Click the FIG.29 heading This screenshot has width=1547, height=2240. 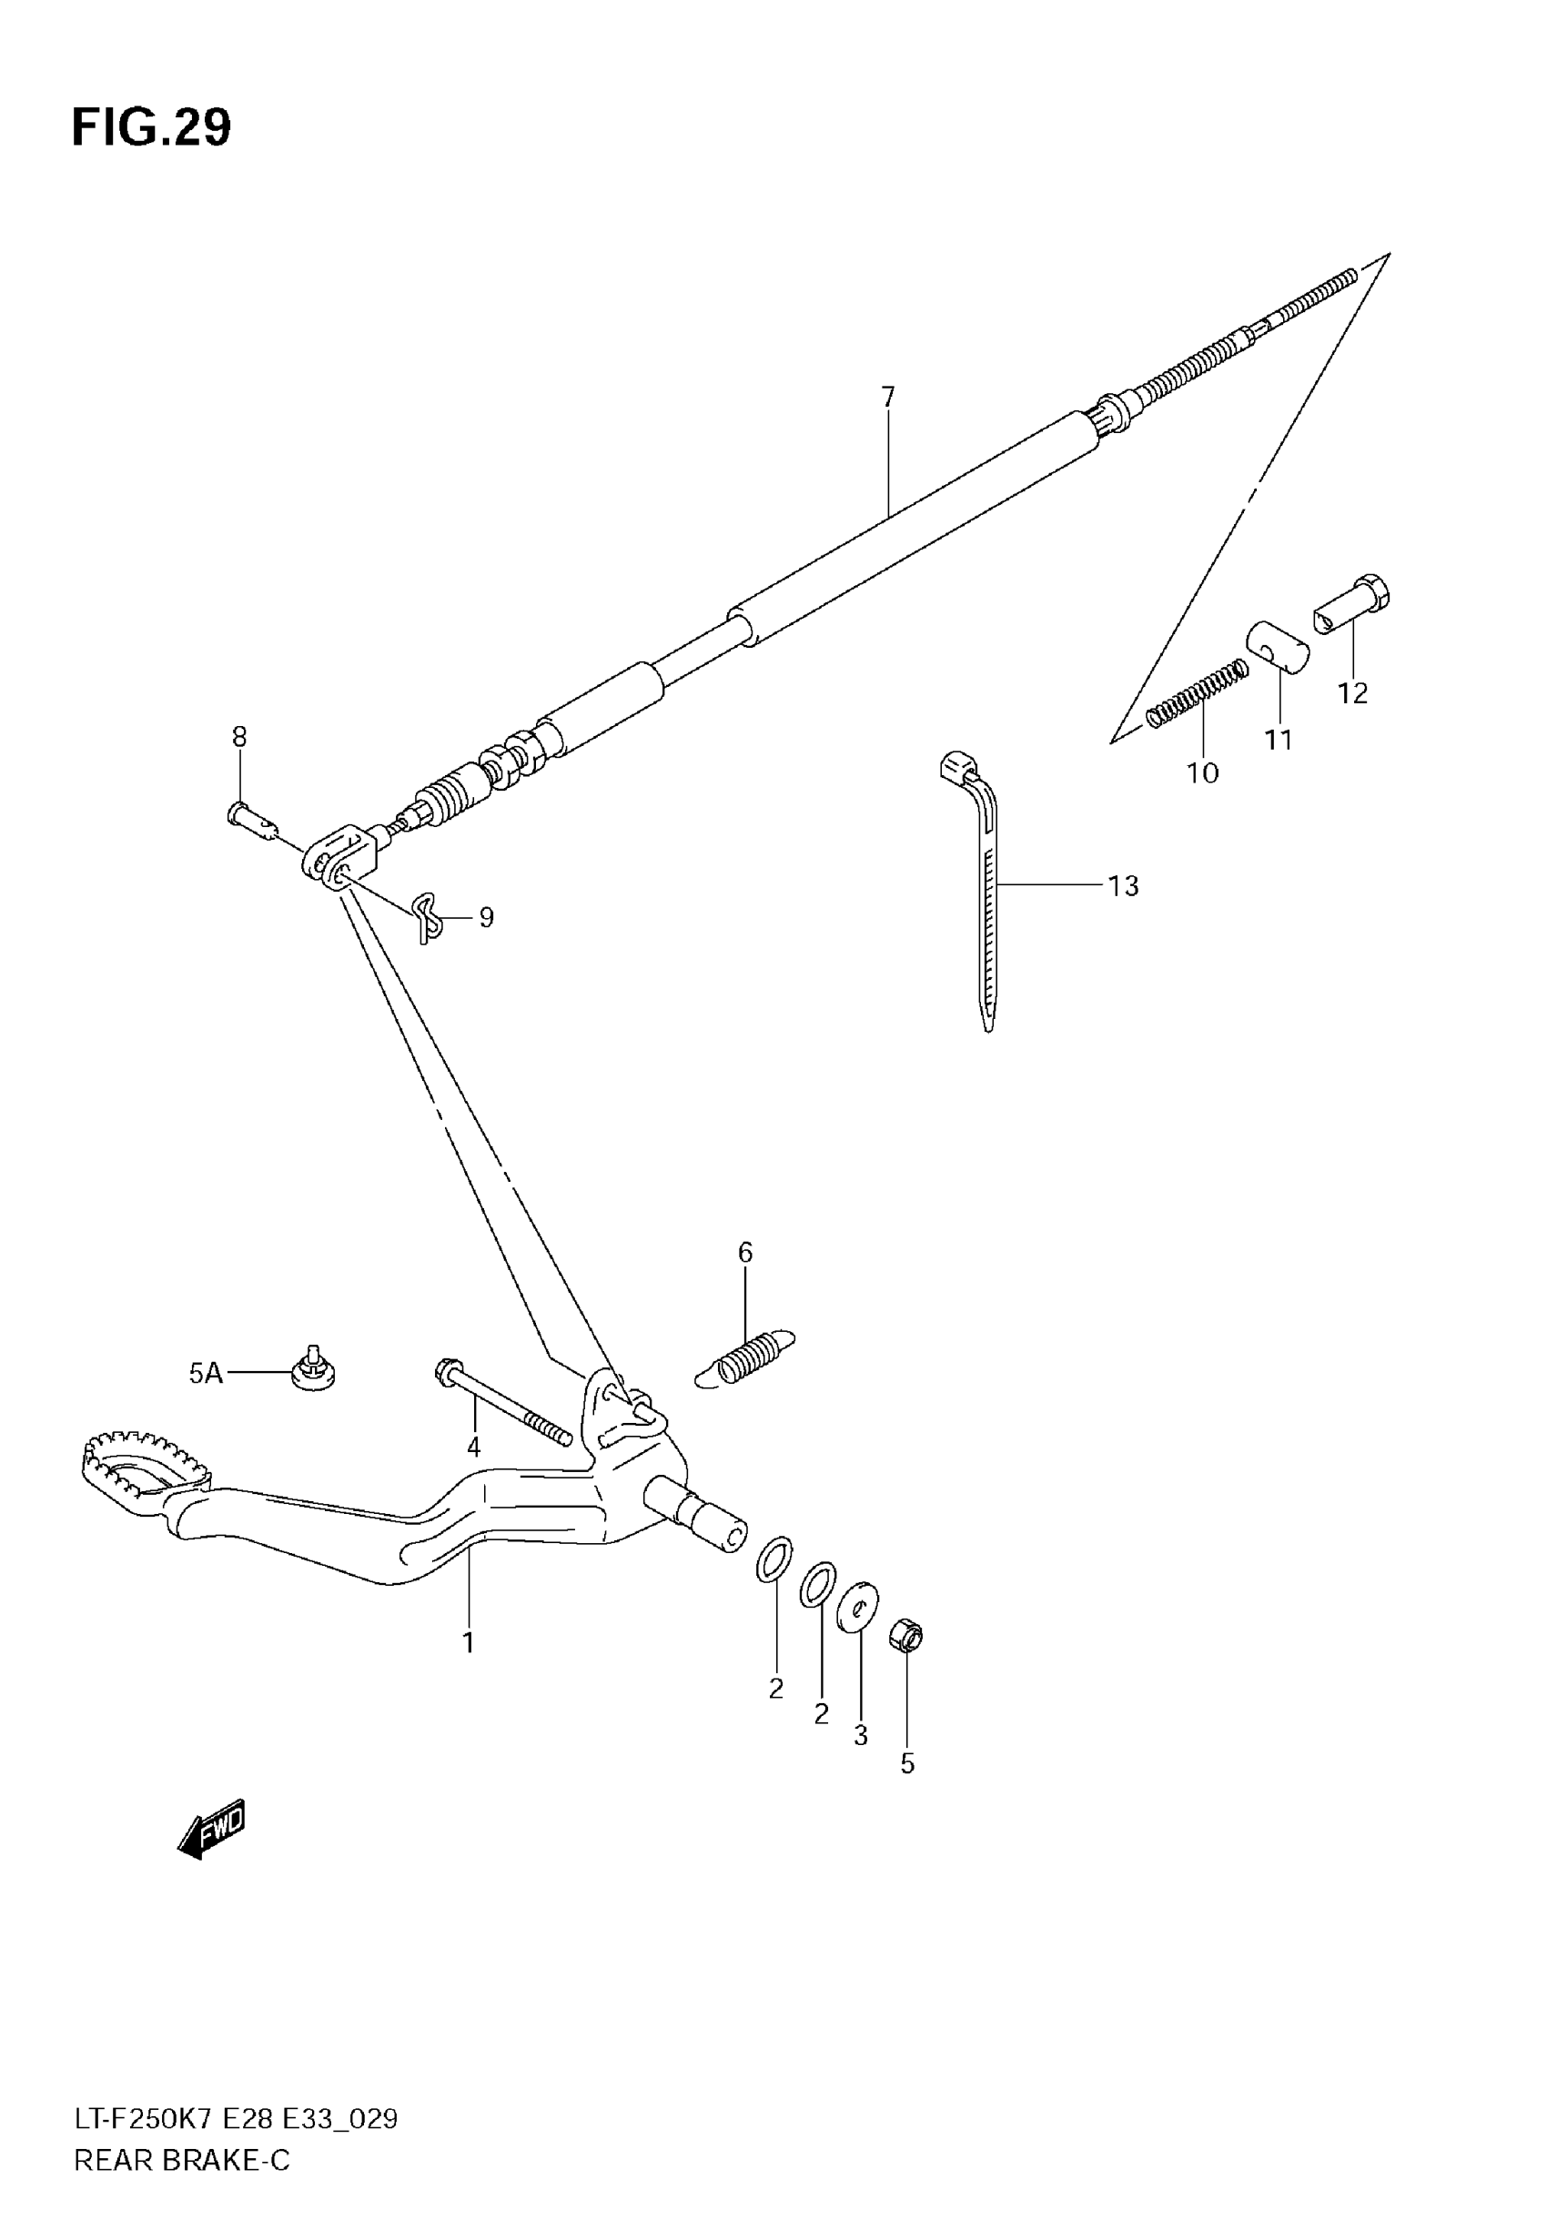[151, 126]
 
